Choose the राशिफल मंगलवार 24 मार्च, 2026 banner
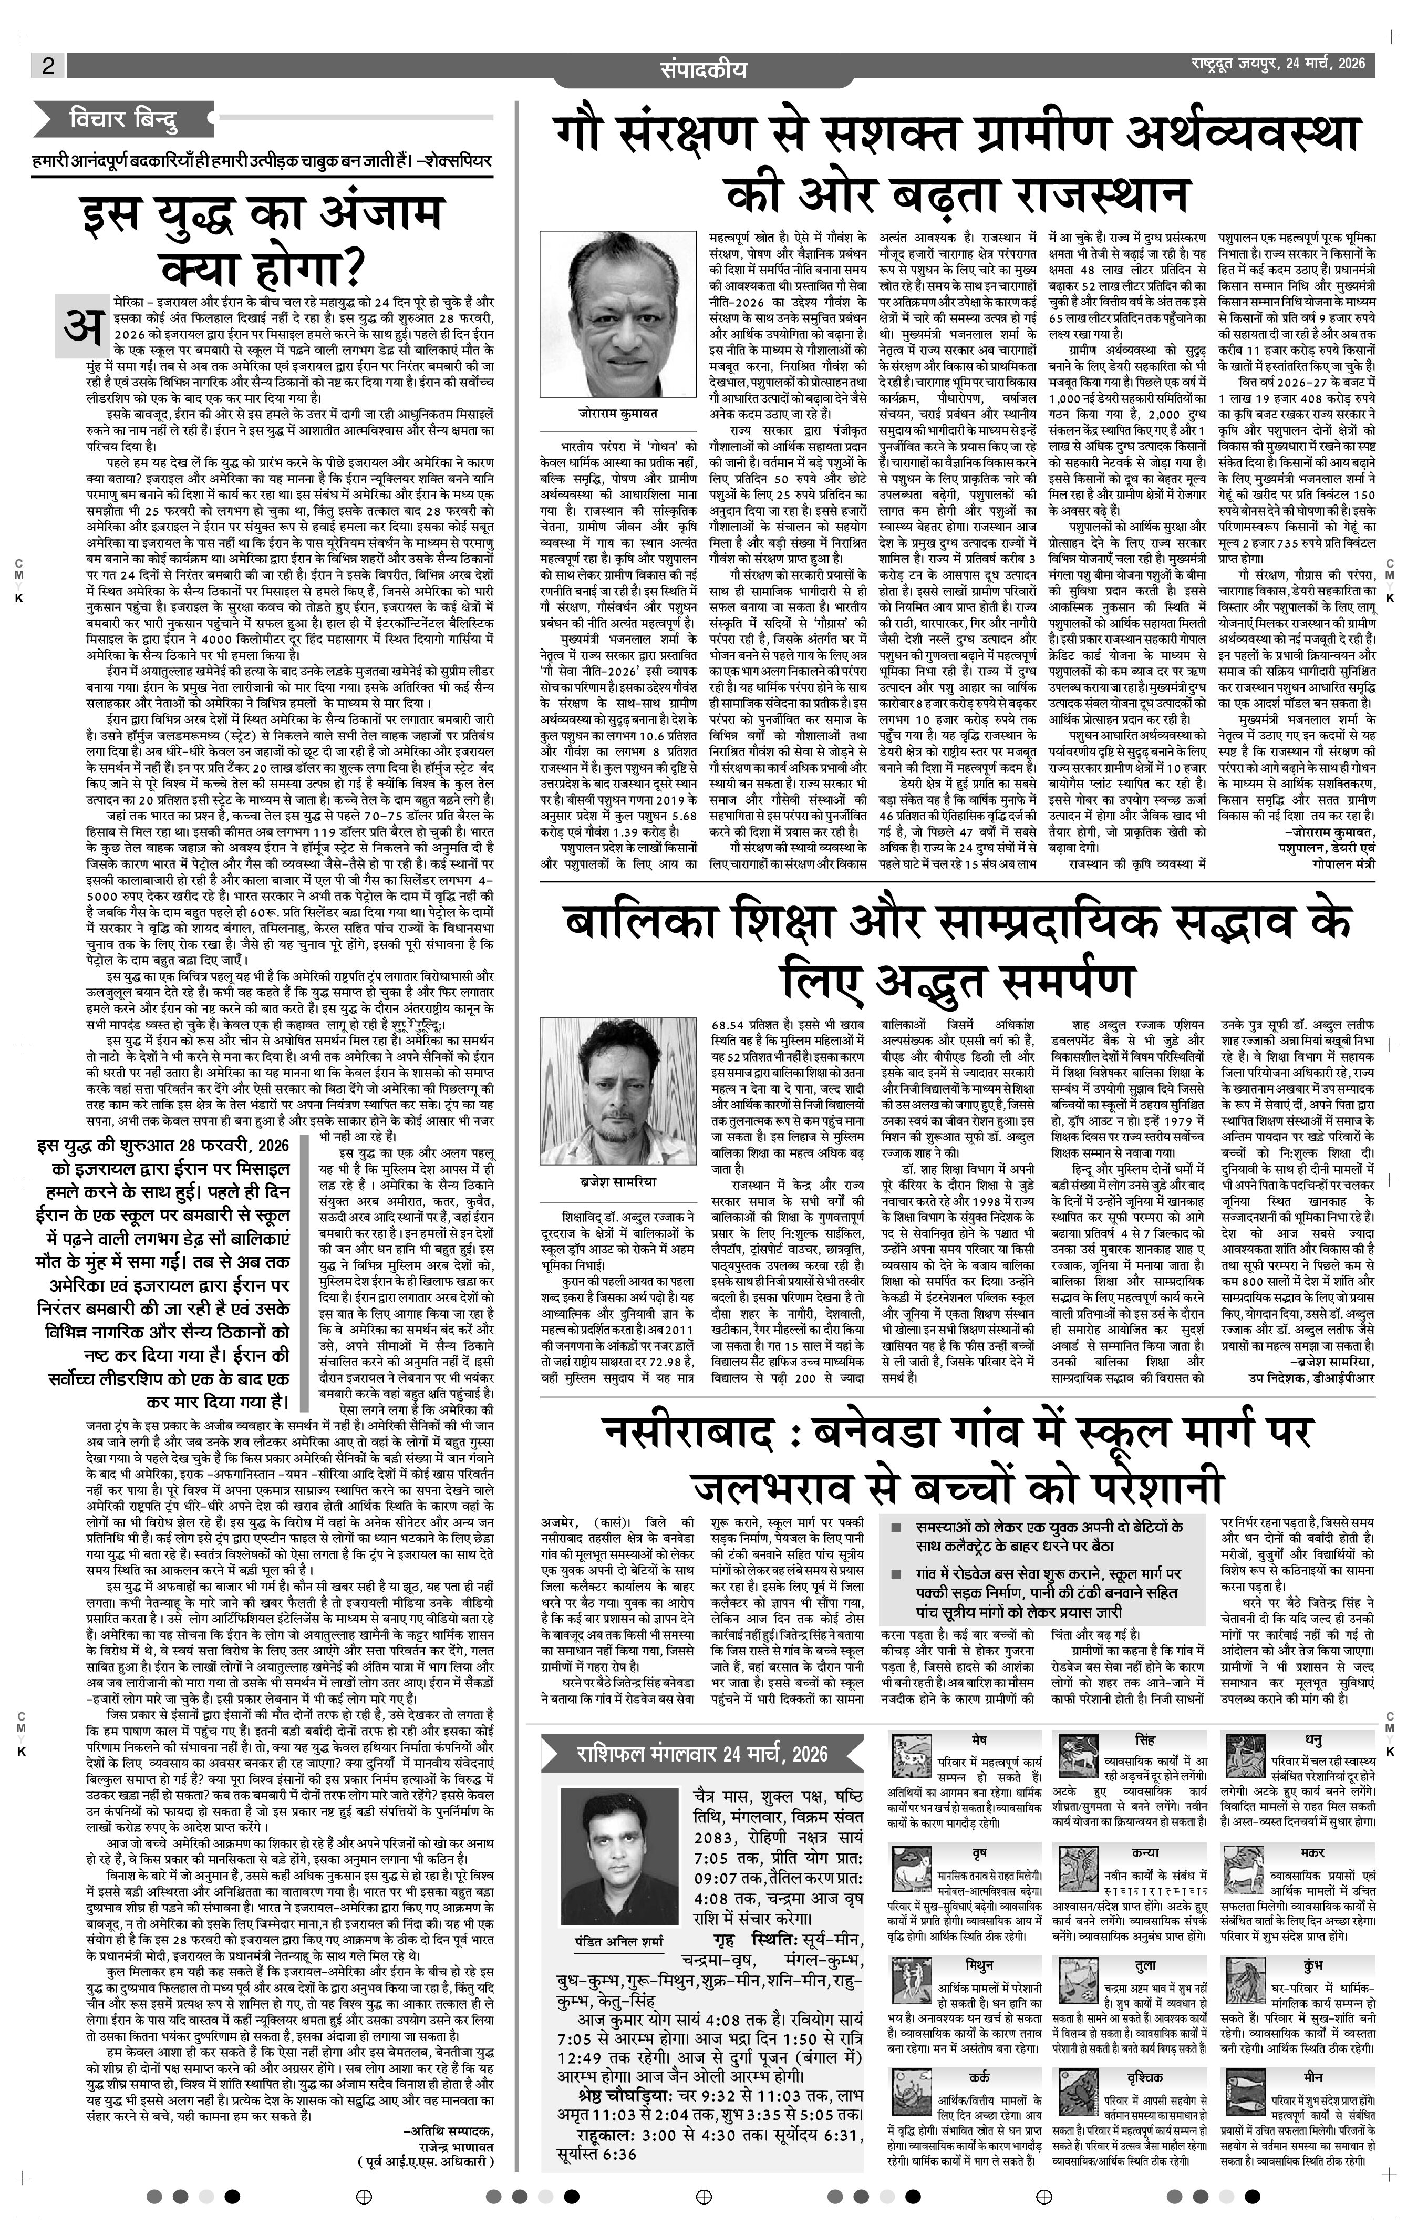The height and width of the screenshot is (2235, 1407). tap(701, 1753)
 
